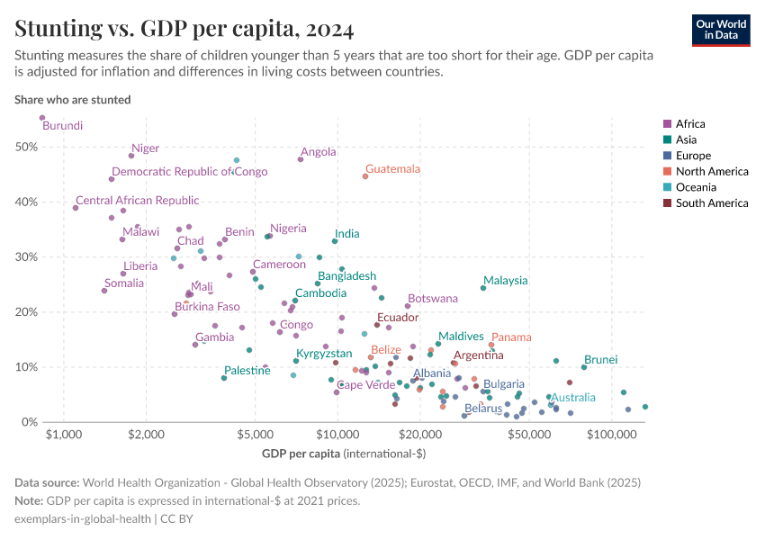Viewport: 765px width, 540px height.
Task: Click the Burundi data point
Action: tap(42, 118)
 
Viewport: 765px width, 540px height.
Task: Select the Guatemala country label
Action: tap(392, 169)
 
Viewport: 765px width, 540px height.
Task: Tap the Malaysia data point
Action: tap(483, 288)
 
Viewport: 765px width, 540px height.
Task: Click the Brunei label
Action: tap(600, 359)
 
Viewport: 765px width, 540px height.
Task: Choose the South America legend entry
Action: tap(711, 203)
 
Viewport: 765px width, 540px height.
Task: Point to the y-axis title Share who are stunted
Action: tap(72, 99)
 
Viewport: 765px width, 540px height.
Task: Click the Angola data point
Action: tap(301, 159)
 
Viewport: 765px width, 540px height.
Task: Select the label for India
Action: tap(346, 234)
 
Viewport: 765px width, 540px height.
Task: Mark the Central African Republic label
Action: tap(137, 201)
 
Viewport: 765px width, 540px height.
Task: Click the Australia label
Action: tap(573, 398)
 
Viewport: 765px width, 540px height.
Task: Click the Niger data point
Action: tap(131, 156)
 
